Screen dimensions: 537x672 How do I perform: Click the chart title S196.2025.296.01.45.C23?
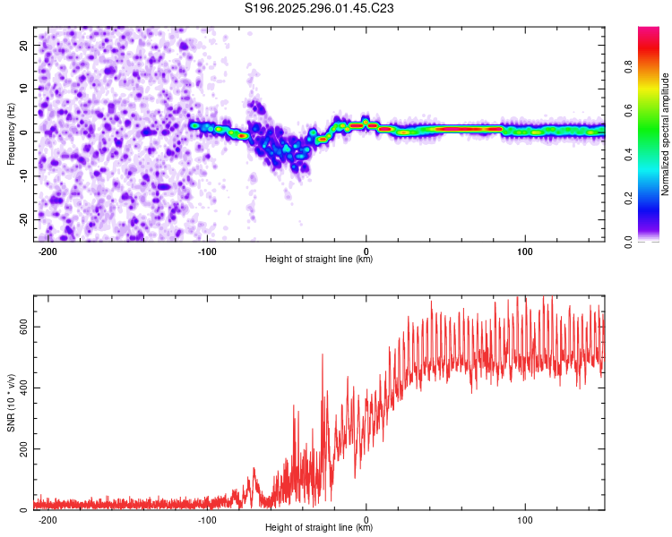(320, 8)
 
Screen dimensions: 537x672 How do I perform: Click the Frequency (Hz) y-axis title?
(11, 134)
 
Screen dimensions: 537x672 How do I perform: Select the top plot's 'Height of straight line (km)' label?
(319, 259)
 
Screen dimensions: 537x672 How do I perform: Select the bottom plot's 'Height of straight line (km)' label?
(319, 527)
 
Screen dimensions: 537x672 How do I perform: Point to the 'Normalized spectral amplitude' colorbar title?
(666, 134)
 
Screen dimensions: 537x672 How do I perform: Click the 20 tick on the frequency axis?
(23, 45)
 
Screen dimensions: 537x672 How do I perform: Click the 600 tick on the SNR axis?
(20, 327)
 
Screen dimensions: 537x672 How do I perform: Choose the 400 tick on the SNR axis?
(20, 388)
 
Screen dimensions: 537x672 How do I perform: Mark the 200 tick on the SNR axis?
(20, 448)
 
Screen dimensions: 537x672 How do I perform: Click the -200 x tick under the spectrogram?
(47, 251)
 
